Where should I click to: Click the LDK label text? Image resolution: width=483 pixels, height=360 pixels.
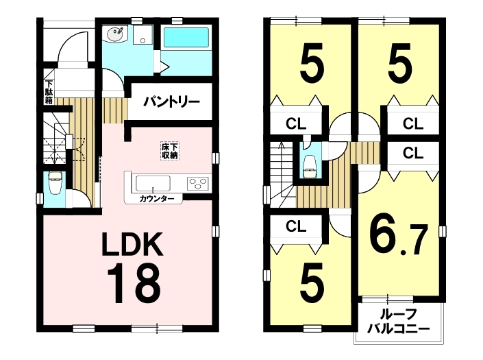(x=132, y=245)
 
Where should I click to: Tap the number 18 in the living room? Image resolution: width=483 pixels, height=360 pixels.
(x=134, y=284)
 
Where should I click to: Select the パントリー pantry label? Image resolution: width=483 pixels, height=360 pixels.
(x=172, y=101)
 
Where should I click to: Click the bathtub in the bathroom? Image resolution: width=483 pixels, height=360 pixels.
(x=186, y=38)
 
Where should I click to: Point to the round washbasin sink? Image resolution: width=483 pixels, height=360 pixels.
(x=116, y=34)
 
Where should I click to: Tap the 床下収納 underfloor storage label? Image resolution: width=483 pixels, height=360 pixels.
(x=170, y=151)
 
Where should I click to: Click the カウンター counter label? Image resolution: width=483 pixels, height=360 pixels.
(x=156, y=199)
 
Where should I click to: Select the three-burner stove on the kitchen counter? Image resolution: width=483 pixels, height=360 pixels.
(x=198, y=184)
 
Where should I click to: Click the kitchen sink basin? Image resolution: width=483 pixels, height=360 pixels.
(x=153, y=184)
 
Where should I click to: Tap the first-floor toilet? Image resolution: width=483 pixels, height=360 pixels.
(x=55, y=182)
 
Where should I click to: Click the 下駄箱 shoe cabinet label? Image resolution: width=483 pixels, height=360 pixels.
(x=49, y=92)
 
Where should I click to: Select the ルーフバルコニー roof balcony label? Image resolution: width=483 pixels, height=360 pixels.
(x=398, y=322)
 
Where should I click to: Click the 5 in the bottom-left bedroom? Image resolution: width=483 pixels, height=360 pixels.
(x=312, y=283)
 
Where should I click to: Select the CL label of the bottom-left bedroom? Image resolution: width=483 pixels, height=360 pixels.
(x=296, y=226)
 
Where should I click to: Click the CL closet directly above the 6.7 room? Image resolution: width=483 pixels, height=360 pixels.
(x=413, y=153)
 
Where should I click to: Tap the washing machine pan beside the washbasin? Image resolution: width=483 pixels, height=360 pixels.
(x=143, y=35)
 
